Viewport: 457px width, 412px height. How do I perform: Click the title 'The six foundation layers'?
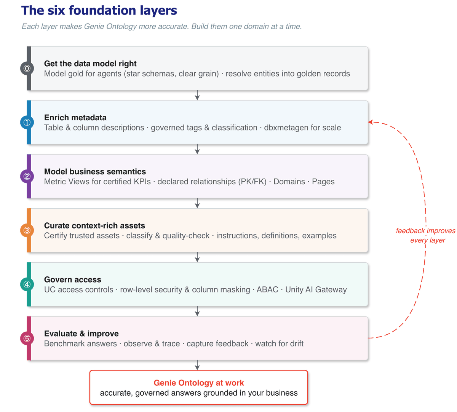click(99, 11)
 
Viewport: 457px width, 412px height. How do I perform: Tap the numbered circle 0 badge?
click(27, 69)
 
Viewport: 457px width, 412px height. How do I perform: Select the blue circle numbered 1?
click(27, 122)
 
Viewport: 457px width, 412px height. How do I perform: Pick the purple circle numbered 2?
click(27, 176)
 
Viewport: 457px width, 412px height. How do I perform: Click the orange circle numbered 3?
click(27, 230)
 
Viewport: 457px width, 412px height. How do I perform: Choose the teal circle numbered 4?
click(27, 284)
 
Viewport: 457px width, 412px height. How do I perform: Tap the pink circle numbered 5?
click(27, 339)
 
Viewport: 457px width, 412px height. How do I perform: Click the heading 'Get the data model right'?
click(90, 64)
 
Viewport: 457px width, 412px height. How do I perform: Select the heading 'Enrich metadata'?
click(75, 118)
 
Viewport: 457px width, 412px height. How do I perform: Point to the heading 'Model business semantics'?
click(95, 172)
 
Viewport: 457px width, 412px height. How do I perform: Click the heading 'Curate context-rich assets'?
click(94, 225)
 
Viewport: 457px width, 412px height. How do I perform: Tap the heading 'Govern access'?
click(73, 279)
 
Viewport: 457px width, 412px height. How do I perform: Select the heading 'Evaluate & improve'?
click(81, 334)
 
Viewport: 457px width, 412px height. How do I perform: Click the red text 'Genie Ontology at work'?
click(199, 383)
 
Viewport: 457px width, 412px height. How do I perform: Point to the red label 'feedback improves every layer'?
click(425, 235)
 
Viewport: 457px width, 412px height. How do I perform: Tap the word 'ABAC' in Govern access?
click(267, 289)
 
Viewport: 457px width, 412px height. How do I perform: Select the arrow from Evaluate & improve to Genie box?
click(197, 365)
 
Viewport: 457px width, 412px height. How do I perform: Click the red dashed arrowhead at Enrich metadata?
click(371, 122)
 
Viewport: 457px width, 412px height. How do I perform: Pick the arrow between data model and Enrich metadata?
click(197, 95)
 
